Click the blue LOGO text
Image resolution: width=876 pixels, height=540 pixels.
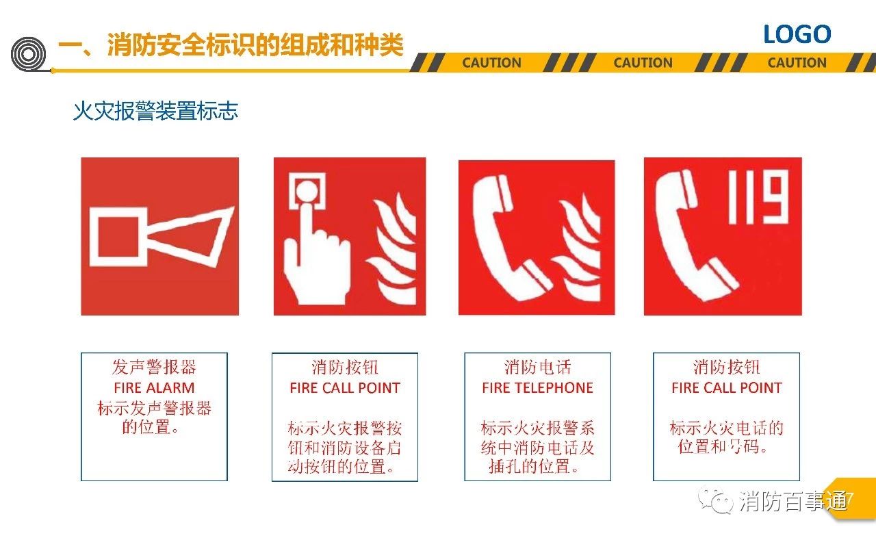(797, 34)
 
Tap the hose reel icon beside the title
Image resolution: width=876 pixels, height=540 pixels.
(28, 54)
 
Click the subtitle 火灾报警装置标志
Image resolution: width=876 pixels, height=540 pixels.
(155, 111)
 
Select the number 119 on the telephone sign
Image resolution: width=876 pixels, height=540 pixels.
(758, 197)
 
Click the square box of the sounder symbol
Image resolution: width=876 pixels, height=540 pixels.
(118, 237)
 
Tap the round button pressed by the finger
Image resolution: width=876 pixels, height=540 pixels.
(307, 192)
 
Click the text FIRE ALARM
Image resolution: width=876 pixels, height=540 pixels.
(154, 388)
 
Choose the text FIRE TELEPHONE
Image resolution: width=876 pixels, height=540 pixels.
(538, 388)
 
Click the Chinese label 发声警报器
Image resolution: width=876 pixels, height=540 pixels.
(154, 368)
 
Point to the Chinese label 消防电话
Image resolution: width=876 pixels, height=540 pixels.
(538, 368)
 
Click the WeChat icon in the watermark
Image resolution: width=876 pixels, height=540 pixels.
(716, 500)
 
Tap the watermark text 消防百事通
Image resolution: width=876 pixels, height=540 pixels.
(793, 501)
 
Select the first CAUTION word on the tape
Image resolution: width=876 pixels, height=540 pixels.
(491, 62)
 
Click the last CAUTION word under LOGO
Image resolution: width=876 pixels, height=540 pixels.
(797, 62)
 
